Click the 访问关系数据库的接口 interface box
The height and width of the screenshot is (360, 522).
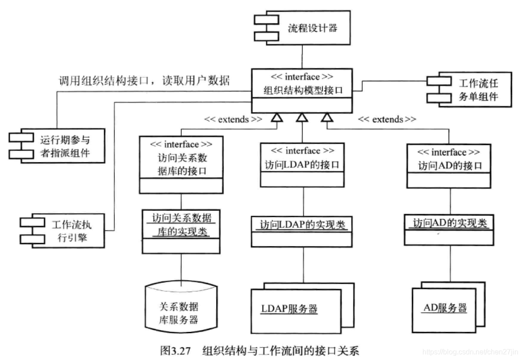tap(180, 164)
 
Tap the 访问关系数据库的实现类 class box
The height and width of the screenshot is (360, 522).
tap(181, 231)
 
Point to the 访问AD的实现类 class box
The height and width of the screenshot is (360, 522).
tap(450, 230)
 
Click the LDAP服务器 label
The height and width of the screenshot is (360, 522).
tap(289, 309)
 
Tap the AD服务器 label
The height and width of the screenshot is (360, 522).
tap(445, 308)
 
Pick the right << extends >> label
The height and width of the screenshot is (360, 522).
tap(387, 119)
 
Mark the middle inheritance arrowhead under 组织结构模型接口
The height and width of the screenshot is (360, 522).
tap(302, 117)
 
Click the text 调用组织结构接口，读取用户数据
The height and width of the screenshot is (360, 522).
tap(145, 81)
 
